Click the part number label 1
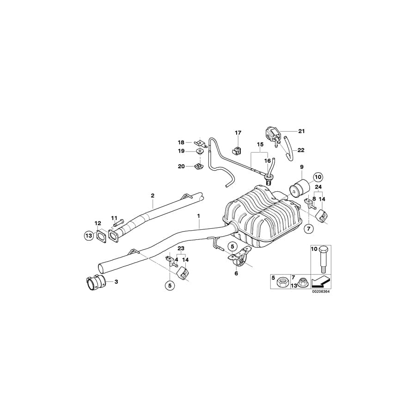(198, 215)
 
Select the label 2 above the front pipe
(152, 196)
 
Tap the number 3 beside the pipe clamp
(116, 281)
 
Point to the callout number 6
(236, 273)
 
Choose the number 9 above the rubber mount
(302, 166)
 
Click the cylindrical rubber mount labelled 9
(300, 189)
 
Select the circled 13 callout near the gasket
(88, 235)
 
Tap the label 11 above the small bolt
(114, 218)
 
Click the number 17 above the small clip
(238, 133)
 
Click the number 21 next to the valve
(301, 131)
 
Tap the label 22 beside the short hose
(301, 150)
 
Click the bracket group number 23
(181, 248)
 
